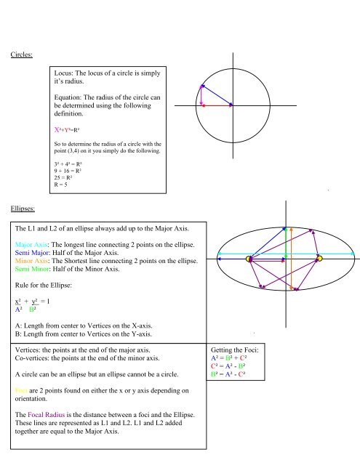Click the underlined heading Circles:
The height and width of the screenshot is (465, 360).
coord(21,54)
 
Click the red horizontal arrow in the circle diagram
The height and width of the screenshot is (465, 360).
coord(216,106)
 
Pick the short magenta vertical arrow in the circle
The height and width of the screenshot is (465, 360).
coord(201,96)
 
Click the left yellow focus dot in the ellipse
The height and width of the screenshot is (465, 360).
coord(249,259)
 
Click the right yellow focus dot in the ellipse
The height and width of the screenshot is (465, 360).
coord(319,259)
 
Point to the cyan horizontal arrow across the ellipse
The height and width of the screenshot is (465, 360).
coord(284,253)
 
